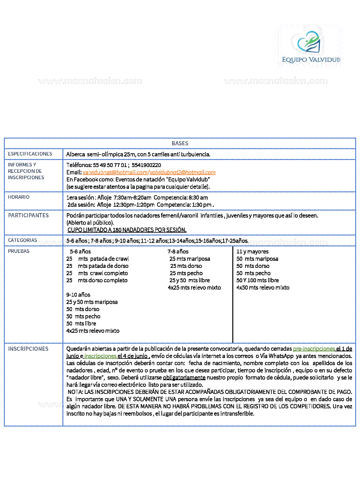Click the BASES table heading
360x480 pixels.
[x=180, y=143]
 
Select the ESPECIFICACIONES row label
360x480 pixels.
[x=30, y=154]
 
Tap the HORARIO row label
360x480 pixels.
[x=19, y=197]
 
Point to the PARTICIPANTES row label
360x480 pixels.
[x=28, y=215]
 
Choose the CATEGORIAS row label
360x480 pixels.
[x=23, y=240]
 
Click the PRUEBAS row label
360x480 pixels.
[x=19, y=251]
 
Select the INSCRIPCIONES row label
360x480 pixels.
[x=28, y=349]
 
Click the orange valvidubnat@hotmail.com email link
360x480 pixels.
[x=115, y=172]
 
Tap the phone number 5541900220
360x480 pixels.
[x=146, y=165]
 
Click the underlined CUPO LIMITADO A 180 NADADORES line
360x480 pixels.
[x=127, y=230]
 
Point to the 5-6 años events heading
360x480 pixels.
[x=80, y=252]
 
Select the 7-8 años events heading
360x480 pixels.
[x=178, y=252]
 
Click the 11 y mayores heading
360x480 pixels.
[x=252, y=252]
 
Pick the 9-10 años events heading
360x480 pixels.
[x=78, y=295]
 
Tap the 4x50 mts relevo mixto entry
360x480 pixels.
[x=263, y=288]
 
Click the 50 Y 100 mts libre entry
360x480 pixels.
[x=258, y=280]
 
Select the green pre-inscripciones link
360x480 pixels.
[x=314, y=349]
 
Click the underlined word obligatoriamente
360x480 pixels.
[x=184, y=378]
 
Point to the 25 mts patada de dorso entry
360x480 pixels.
[x=97, y=266]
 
